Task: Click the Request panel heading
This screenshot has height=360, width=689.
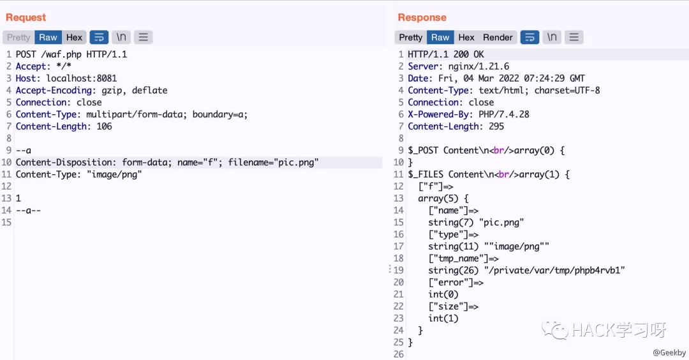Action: pos(26,17)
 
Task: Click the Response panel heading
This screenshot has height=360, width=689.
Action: pos(422,17)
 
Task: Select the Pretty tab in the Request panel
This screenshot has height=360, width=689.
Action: pos(19,38)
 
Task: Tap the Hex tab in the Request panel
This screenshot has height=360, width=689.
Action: pos(74,38)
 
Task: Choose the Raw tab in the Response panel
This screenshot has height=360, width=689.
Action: pos(440,38)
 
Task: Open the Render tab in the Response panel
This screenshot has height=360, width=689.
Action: pos(498,38)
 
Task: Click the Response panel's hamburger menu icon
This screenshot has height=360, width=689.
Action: pos(574,38)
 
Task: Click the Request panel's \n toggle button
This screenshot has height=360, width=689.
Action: pos(121,38)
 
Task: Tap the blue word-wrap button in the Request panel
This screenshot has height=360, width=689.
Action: pos(99,38)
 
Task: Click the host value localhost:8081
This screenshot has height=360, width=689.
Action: pos(82,79)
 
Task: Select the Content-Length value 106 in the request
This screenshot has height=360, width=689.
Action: pos(104,126)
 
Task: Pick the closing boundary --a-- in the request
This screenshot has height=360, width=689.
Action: pos(28,211)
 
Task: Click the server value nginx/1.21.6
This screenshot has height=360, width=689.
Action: pos(478,66)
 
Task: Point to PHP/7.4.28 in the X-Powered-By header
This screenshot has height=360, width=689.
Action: pos(503,114)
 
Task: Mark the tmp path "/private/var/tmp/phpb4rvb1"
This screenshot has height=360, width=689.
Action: pos(554,271)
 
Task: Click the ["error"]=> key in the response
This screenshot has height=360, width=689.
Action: pos(456,283)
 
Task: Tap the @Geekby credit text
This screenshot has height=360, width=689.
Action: pos(669,352)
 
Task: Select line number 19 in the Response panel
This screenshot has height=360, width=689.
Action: pos(399,271)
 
